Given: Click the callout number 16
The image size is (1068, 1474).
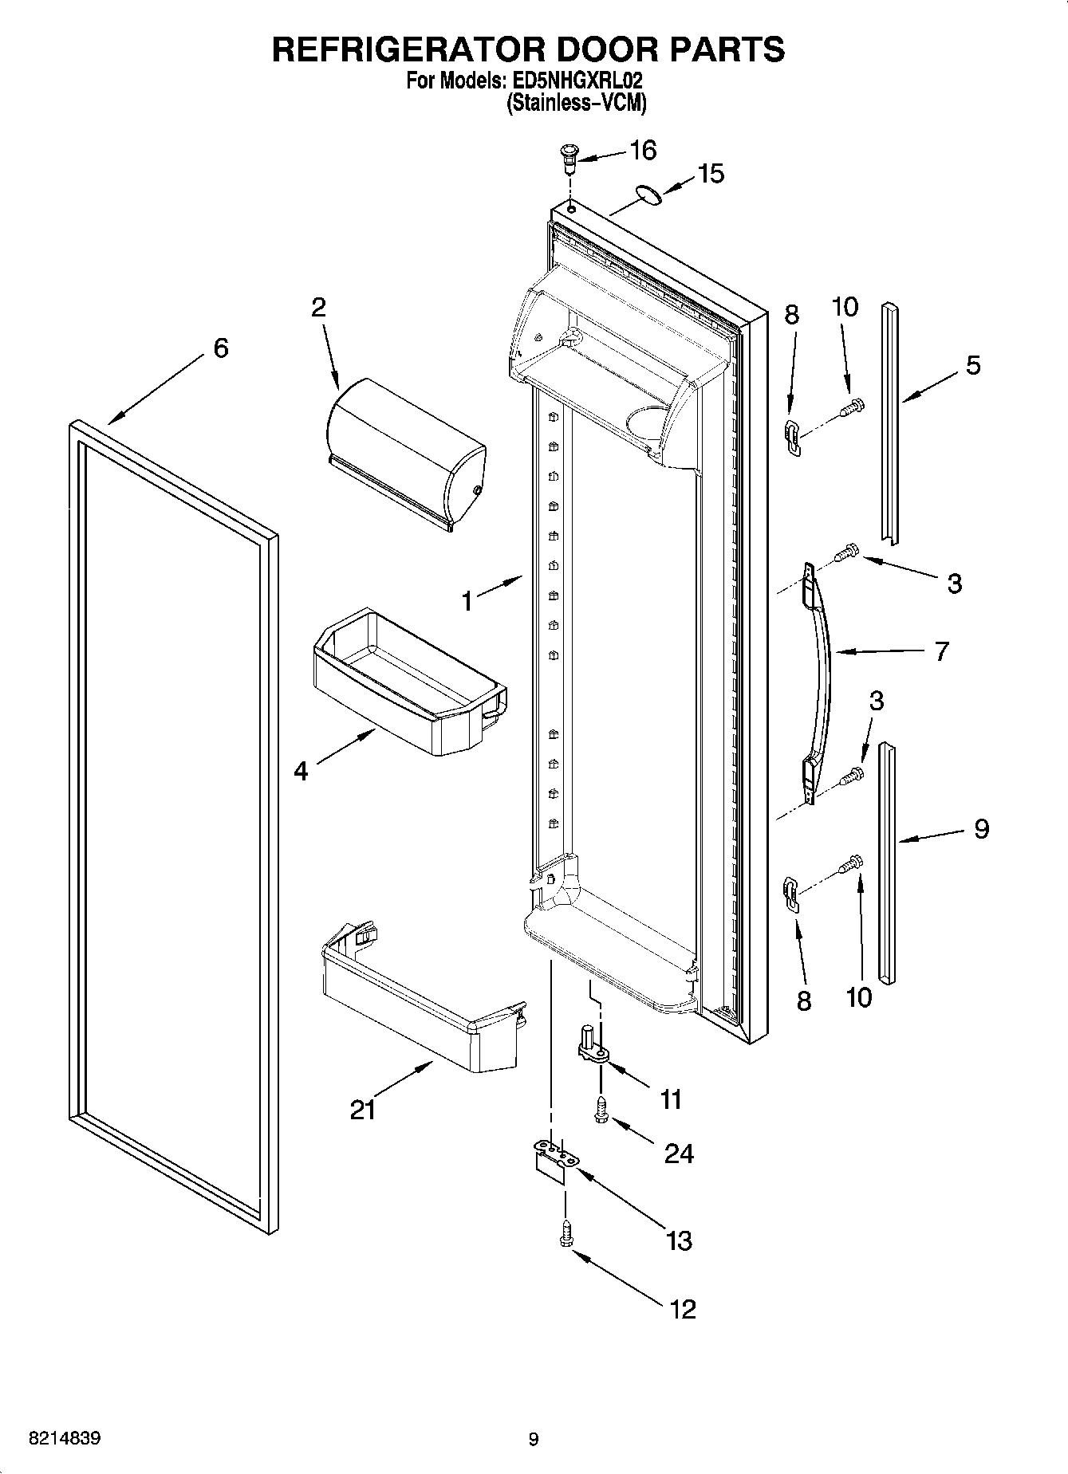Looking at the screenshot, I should click(643, 150).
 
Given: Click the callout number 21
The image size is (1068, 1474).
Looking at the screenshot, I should click(363, 1109).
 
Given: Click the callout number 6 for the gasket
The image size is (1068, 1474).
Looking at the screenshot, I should click(220, 348).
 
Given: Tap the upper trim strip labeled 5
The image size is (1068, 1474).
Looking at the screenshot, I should click(890, 423).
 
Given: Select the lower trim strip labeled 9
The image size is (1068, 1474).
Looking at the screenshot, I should click(888, 861).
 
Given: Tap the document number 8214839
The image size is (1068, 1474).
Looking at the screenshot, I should click(65, 1439).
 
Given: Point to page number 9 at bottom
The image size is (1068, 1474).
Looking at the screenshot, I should click(533, 1439).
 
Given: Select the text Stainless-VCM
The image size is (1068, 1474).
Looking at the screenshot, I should click(576, 103).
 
